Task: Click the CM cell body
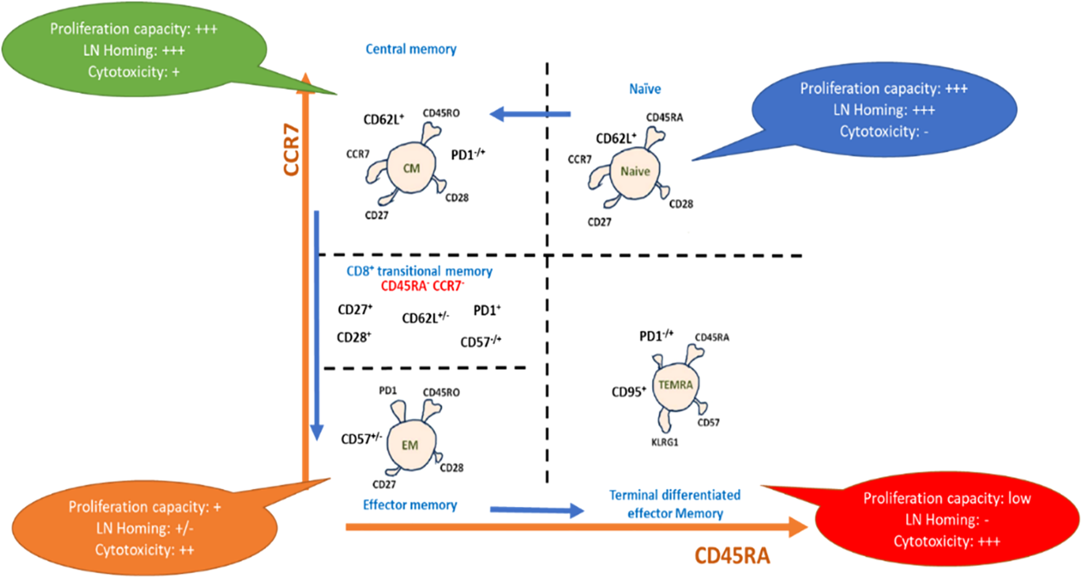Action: (x=411, y=168)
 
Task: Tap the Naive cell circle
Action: (x=635, y=172)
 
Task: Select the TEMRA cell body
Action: (x=675, y=385)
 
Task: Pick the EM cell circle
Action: (x=410, y=445)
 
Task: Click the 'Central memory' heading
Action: (x=411, y=49)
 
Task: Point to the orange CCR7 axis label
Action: (x=291, y=150)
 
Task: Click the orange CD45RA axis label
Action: (x=732, y=556)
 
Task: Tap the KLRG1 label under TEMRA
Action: (x=664, y=442)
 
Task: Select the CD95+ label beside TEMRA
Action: (x=629, y=392)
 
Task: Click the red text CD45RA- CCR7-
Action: (x=422, y=286)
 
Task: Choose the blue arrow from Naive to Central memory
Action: (x=530, y=114)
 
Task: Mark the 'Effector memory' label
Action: (x=410, y=505)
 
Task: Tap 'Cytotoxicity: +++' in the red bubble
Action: (x=946, y=542)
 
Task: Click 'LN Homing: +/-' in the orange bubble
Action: (x=145, y=528)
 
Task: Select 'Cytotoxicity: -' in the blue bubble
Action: (x=884, y=132)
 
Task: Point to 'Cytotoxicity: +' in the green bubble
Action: (x=134, y=72)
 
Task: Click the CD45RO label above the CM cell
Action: (x=441, y=113)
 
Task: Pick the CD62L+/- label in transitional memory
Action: (x=425, y=318)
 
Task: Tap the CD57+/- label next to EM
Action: (x=361, y=439)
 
